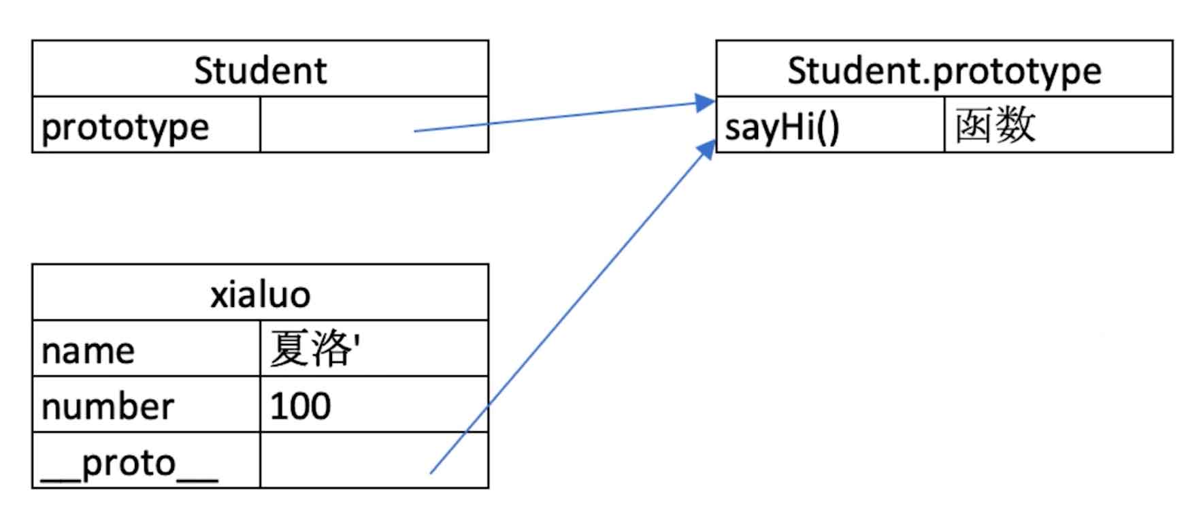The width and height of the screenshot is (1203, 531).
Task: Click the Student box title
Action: tap(260, 70)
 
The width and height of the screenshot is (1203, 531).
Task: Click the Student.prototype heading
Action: tap(944, 70)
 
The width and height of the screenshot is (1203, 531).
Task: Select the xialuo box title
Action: tap(260, 294)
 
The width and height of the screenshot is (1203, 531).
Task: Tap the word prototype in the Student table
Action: tap(125, 127)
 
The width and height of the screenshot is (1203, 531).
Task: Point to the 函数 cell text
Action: tap(995, 126)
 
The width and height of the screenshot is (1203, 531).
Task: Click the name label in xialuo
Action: tap(88, 351)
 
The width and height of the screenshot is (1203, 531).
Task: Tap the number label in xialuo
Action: tap(108, 406)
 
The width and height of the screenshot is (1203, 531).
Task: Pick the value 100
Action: tap(300, 406)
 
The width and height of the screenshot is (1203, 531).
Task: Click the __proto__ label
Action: tap(129, 464)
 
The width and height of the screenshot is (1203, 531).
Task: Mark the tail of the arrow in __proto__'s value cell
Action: tap(431, 472)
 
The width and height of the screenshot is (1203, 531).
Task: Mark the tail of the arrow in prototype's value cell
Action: tap(416, 130)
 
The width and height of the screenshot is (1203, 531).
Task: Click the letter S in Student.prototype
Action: tap(797, 70)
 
